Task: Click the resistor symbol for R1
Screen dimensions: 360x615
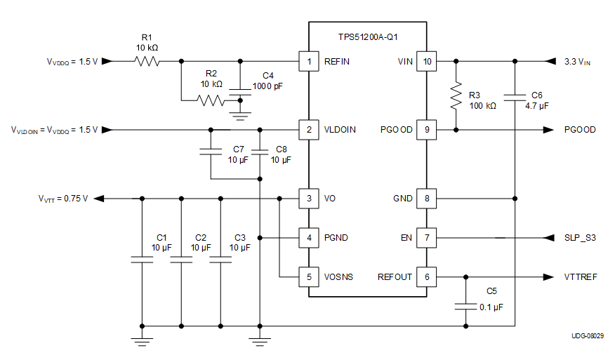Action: pos(147,62)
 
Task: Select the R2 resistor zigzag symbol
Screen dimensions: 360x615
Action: pos(213,100)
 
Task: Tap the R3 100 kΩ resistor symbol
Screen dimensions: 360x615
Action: pos(456,96)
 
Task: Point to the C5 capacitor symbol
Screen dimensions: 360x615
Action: pos(465,306)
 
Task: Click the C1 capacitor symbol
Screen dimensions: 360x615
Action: pos(142,260)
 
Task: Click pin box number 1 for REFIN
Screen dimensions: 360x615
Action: pos(308,62)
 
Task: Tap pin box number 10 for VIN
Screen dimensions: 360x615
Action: pos(427,62)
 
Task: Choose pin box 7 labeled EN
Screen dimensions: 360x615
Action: pos(427,238)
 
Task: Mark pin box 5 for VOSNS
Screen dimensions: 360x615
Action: pos(308,276)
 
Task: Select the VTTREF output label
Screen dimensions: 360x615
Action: pos(580,277)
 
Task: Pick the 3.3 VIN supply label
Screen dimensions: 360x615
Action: pos(577,62)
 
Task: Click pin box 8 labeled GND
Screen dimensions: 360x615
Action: pos(427,199)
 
